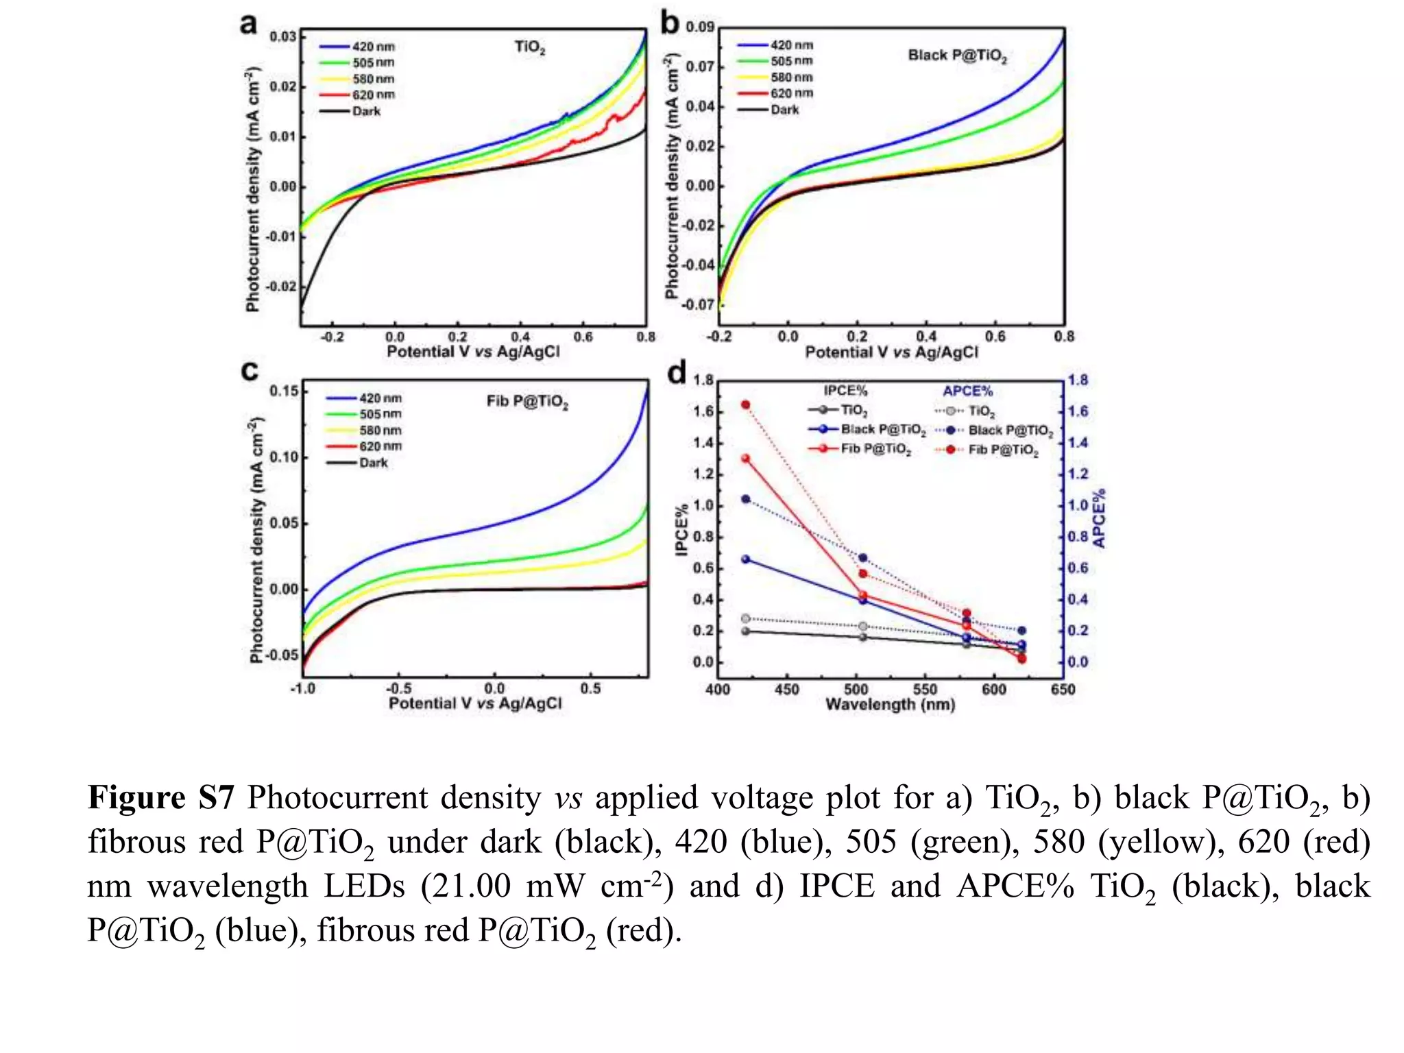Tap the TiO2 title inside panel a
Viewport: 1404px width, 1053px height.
click(x=530, y=47)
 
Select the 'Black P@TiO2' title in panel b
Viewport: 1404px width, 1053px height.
click(x=957, y=56)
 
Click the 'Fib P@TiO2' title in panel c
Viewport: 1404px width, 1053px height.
click(x=527, y=402)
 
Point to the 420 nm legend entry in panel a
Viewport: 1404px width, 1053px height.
click(x=357, y=47)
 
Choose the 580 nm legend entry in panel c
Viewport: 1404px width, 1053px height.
click(x=364, y=431)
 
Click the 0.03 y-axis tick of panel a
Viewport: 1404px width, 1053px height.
click(x=282, y=36)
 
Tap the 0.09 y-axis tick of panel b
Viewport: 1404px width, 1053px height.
click(x=700, y=27)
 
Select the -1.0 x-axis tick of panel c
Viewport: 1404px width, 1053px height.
click(x=302, y=688)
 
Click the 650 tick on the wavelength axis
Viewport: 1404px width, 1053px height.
click(x=1063, y=690)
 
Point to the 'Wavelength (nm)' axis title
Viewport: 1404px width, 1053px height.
click(x=890, y=705)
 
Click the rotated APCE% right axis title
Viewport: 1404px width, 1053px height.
click(x=1100, y=518)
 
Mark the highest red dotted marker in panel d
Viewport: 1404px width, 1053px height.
click(x=745, y=405)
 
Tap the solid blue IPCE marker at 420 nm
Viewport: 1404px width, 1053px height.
click(x=745, y=559)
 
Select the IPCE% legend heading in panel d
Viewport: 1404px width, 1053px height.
click(x=845, y=391)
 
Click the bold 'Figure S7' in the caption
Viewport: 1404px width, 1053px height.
click(x=160, y=798)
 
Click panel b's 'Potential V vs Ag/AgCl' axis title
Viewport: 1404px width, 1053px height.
click(x=891, y=352)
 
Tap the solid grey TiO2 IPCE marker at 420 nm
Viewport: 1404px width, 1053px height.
click(x=745, y=631)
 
